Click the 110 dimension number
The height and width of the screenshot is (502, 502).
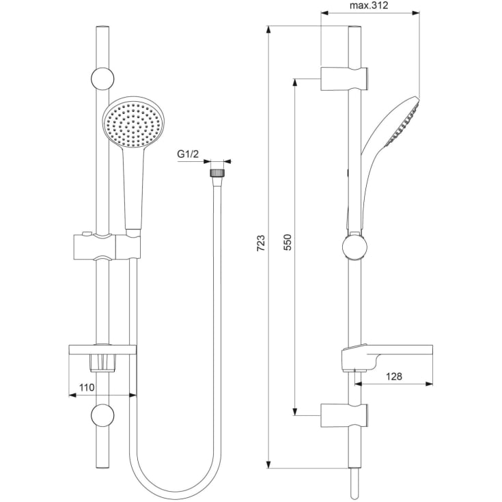tap(87, 387)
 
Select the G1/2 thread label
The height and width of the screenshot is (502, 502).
tap(188, 154)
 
